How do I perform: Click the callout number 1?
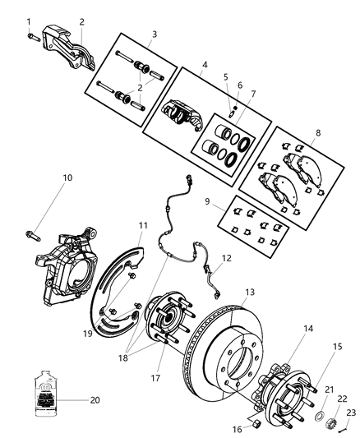28,21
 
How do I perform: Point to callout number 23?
349,413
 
